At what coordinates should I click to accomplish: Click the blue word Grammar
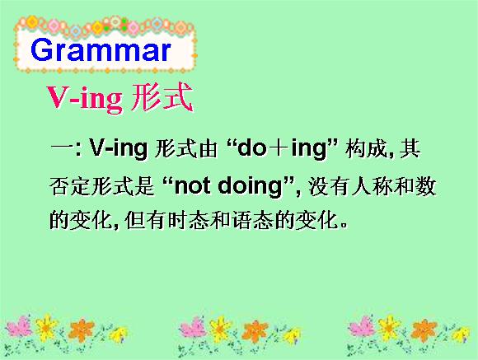pos(101,50)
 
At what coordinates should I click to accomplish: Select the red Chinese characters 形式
pos(162,97)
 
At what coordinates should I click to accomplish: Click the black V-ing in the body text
pos(119,149)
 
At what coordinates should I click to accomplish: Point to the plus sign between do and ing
pos(278,149)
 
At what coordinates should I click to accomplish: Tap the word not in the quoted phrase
pos(192,185)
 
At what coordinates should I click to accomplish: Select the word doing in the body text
pos(251,187)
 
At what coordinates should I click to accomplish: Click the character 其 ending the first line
pos(410,149)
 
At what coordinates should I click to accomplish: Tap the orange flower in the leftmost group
pos(82,330)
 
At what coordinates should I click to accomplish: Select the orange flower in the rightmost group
pos(424,330)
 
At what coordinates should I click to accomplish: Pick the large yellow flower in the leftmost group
pos(45,327)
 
